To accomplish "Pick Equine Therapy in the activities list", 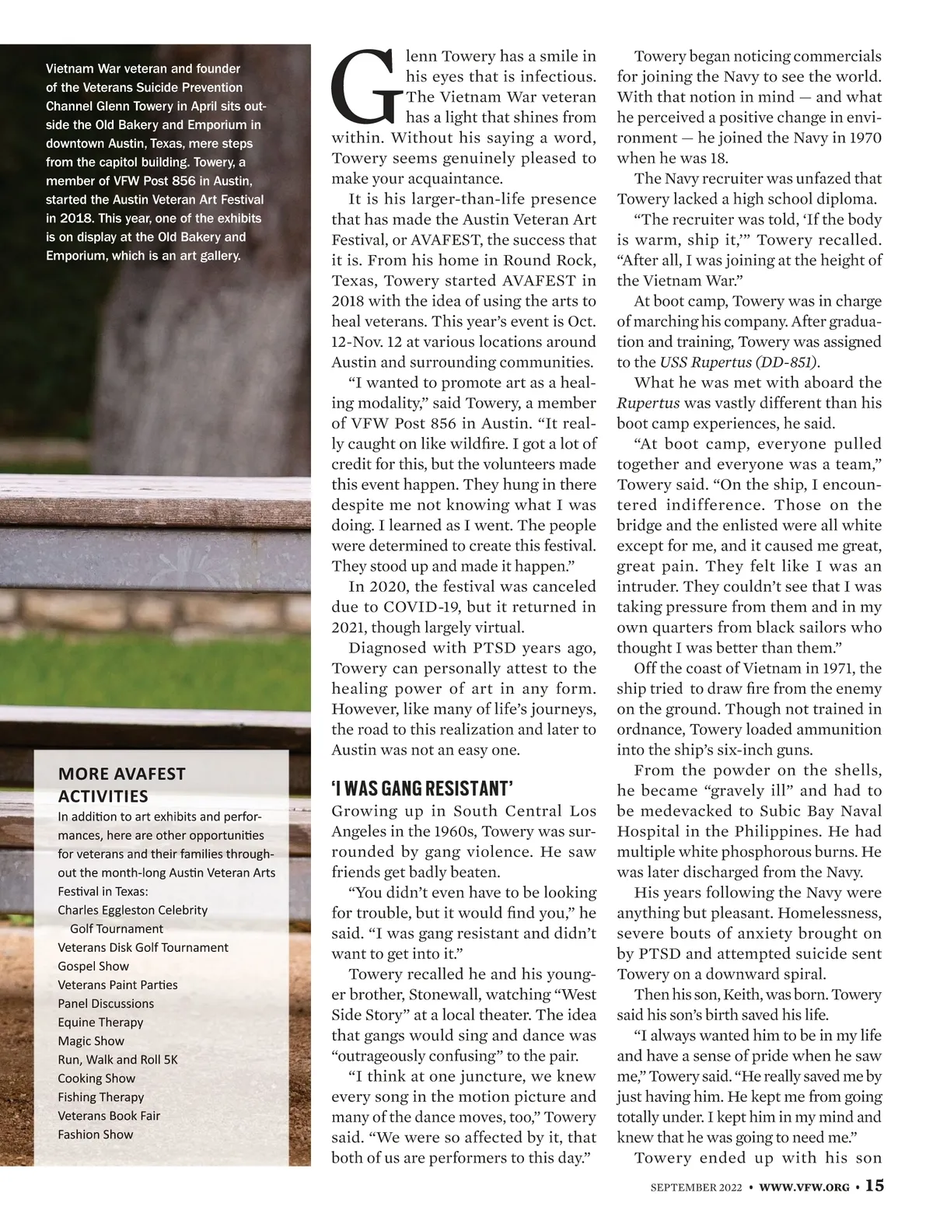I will point(100,1022).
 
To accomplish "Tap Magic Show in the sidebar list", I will point(92,1040).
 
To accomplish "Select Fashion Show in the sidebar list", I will point(95,1134).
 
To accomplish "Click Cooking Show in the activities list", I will point(96,1078).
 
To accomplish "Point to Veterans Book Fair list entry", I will point(109,1115).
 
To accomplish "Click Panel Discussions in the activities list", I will point(106,1003).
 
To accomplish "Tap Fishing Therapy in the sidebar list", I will point(101,1096).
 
